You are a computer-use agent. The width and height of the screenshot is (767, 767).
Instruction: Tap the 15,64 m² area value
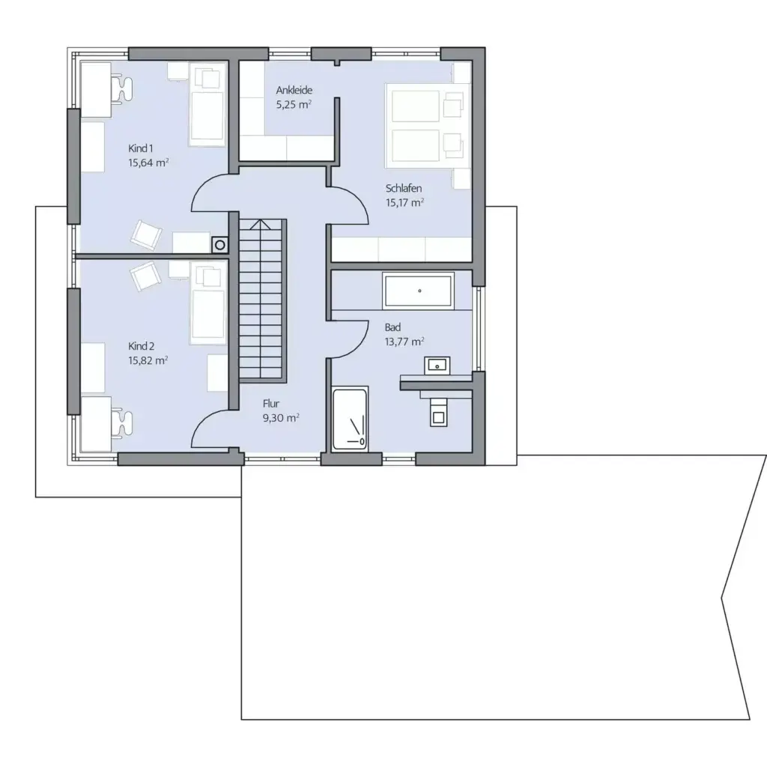(x=148, y=162)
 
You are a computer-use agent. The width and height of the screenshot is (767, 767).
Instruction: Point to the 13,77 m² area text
(x=404, y=341)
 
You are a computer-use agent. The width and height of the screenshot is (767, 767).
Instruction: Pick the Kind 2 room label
(x=141, y=346)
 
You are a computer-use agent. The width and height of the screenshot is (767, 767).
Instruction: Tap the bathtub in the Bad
(x=419, y=291)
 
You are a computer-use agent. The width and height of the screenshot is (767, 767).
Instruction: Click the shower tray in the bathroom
(x=350, y=420)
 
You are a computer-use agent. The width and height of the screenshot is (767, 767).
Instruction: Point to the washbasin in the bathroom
(x=437, y=366)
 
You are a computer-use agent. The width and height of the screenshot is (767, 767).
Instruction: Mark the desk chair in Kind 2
(x=121, y=423)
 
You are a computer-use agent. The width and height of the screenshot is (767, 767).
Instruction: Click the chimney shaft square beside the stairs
(x=219, y=244)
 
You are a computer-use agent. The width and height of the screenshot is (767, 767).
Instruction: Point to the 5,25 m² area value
(x=294, y=105)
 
